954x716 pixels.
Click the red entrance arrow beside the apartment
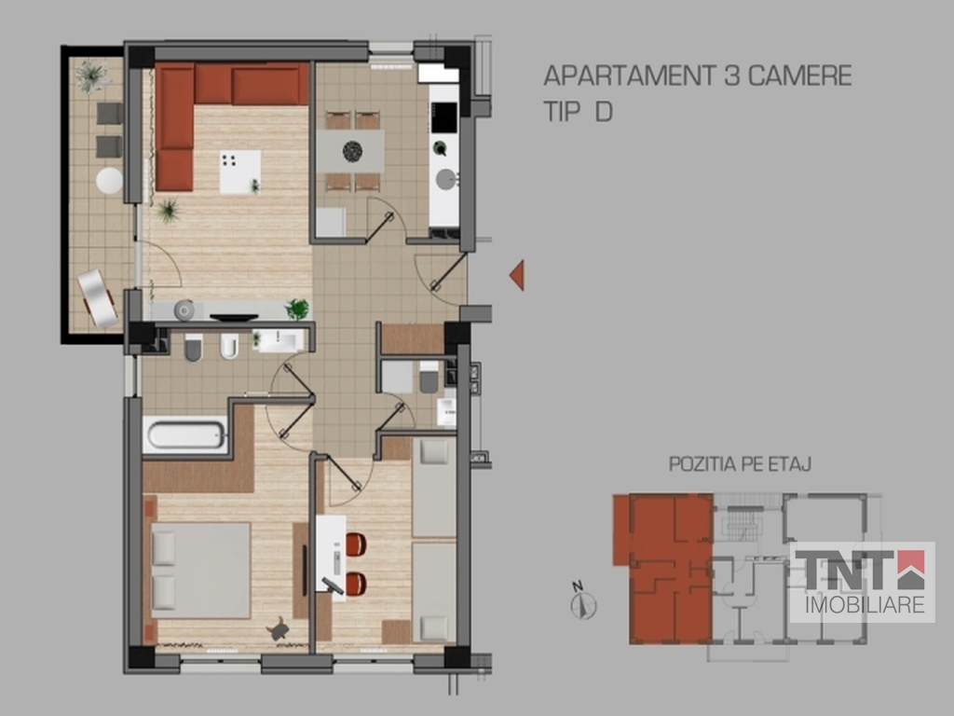[x=518, y=275]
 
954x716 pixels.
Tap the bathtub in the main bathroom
[x=185, y=435]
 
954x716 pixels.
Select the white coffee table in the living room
[x=240, y=172]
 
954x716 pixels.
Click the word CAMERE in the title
[x=799, y=76]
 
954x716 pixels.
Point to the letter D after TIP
[x=604, y=112]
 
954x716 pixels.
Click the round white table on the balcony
[x=110, y=181]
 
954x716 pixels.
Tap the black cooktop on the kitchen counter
[x=444, y=117]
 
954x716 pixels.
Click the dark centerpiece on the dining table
[x=352, y=151]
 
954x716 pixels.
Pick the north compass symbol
[x=583, y=601]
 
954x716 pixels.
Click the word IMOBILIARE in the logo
[x=865, y=605]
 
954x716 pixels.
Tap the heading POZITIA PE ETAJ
[x=740, y=464]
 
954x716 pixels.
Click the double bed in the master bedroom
[x=201, y=571]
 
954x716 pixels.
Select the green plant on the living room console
[x=297, y=309]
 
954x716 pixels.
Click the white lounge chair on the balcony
[x=97, y=299]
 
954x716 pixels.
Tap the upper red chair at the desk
[x=356, y=544]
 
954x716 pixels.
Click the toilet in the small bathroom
[x=429, y=379]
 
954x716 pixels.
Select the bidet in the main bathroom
[x=229, y=347]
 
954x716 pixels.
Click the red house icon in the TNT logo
[x=911, y=570]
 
